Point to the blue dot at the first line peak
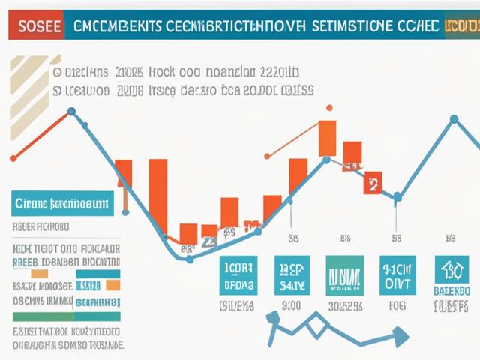coord(71,112)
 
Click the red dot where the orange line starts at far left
coord(13,158)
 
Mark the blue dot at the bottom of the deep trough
coord(189,259)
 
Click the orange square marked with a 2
coord(373,182)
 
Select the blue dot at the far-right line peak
coord(454,118)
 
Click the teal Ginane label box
coord(62,202)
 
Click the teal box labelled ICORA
coord(239,274)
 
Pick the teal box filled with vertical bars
coord(344,274)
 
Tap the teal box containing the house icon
coord(452,274)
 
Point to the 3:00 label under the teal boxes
coord(291,306)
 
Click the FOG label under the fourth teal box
coord(396,306)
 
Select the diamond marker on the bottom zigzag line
coord(316,324)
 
